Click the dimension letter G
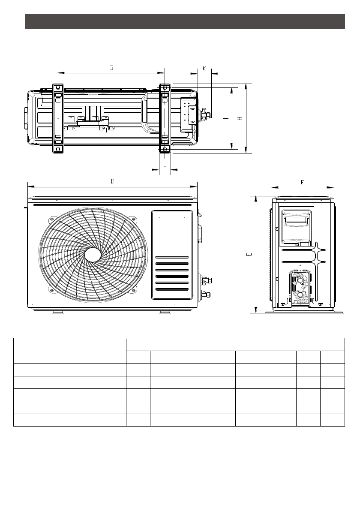(x=111, y=68)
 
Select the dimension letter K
(x=204, y=69)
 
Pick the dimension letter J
(x=165, y=164)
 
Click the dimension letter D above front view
(x=112, y=181)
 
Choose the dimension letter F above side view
(x=303, y=182)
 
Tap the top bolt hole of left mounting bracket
(x=57, y=88)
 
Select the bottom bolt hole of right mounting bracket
(x=165, y=149)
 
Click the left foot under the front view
(x=57, y=312)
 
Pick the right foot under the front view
(x=165, y=312)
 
